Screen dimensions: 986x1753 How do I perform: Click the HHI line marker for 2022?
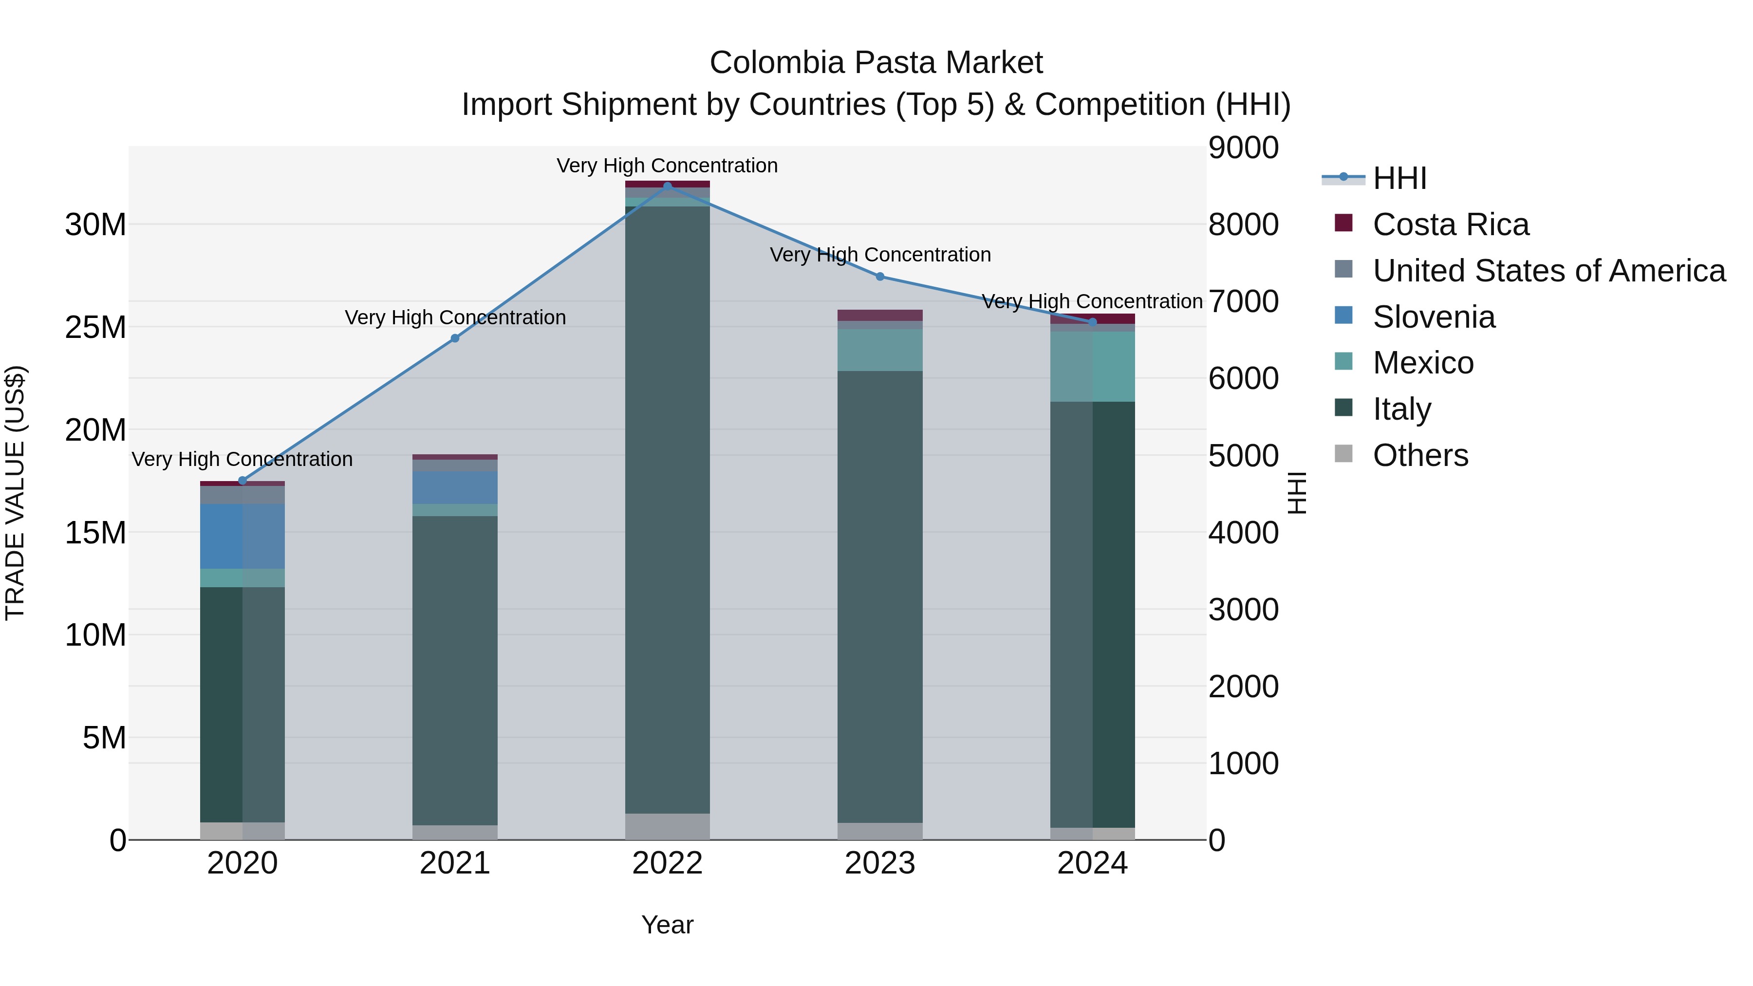tap(667, 186)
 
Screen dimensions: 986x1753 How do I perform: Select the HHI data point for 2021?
tap(455, 338)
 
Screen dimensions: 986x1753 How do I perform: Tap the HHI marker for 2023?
tap(880, 276)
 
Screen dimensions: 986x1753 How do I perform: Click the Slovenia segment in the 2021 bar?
tap(455, 487)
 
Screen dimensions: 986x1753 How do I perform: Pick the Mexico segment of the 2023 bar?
tap(880, 350)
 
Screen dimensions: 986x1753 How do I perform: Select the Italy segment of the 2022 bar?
tap(667, 510)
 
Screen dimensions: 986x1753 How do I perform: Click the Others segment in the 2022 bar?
tap(667, 826)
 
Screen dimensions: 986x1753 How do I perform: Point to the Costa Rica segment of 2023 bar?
tap(880, 315)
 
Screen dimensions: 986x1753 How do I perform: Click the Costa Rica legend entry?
tap(1450, 224)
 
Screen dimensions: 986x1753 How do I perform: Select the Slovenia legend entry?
tap(1433, 317)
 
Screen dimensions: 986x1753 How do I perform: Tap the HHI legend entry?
tap(1399, 178)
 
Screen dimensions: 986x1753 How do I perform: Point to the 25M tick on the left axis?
tap(95, 327)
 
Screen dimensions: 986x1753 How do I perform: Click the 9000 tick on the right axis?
tap(1243, 148)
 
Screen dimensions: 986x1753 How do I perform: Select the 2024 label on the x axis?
tap(1092, 863)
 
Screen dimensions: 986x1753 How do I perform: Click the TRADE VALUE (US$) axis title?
tap(15, 493)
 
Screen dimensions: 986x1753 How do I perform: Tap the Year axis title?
tap(667, 925)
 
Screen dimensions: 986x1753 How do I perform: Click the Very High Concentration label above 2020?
tap(242, 459)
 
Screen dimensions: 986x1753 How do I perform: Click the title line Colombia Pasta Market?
tap(876, 63)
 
